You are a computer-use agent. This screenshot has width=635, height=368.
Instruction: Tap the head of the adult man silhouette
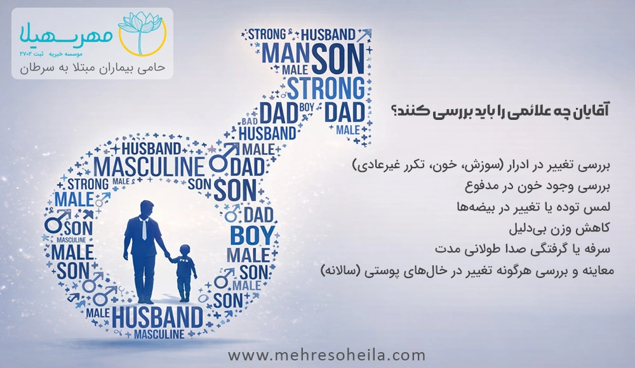[138, 208]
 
